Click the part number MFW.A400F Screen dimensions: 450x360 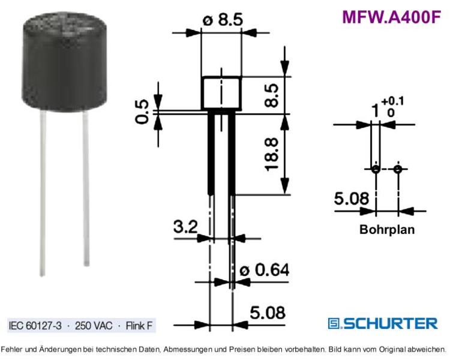391,17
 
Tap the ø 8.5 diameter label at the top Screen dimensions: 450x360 223,20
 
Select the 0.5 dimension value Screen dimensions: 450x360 142,112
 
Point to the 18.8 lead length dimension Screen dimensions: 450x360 271,154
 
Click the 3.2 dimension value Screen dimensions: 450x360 185,227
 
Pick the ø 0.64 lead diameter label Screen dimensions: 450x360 265,270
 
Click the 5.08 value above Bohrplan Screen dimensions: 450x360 352,199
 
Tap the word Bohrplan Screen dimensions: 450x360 387,229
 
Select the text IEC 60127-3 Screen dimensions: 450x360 35,326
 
